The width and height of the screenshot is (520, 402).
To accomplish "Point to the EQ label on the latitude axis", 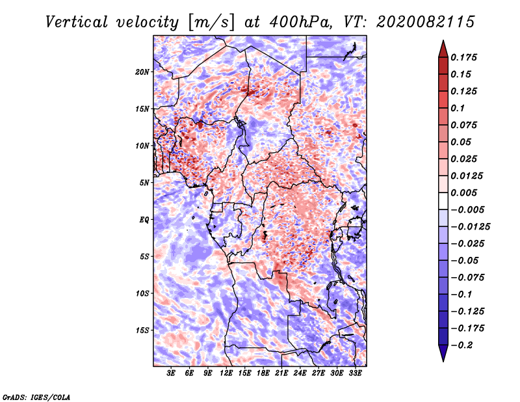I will [144, 220].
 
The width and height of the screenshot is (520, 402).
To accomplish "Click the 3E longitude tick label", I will [171, 374].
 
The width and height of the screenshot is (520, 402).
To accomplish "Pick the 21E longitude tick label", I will [281, 374].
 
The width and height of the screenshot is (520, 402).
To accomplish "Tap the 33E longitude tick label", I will [356, 374].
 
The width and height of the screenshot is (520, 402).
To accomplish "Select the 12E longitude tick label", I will [226, 374].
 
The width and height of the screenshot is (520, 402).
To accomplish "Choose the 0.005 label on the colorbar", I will [465, 193].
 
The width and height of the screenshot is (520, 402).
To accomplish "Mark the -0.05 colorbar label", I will [465, 261].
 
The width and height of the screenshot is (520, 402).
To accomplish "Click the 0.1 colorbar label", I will [458, 108].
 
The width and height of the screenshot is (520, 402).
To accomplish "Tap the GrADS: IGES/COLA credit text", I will [36, 396].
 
